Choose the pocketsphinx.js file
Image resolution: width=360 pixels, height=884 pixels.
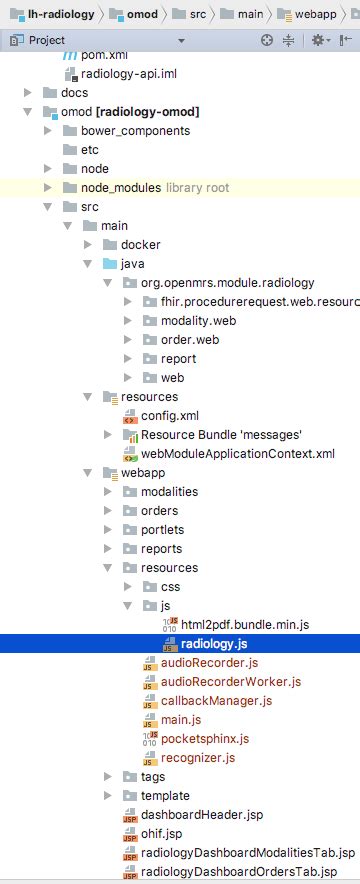(x=204, y=738)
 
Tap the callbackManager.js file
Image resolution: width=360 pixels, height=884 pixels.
(x=215, y=700)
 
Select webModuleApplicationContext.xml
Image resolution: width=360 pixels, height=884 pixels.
(x=237, y=454)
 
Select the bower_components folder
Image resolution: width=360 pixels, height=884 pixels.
(x=135, y=130)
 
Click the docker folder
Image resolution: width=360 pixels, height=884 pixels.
(x=140, y=244)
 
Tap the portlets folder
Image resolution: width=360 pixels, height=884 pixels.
(x=162, y=529)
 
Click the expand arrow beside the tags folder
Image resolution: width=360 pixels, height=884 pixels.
(x=108, y=776)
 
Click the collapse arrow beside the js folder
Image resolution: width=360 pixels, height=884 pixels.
(x=128, y=605)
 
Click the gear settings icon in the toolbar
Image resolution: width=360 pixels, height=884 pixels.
(x=317, y=40)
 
